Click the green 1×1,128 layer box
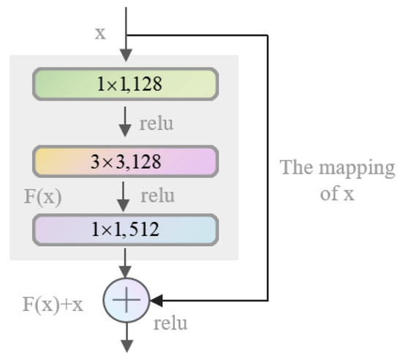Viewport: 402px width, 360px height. [x=125, y=84]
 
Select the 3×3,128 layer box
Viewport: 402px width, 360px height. [x=125, y=161]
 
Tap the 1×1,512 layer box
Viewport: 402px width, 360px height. [x=125, y=230]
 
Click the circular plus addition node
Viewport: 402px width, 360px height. [x=126, y=299]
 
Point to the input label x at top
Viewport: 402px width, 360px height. [x=100, y=34]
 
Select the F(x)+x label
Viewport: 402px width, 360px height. [x=52, y=304]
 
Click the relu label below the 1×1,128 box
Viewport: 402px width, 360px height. [x=156, y=123]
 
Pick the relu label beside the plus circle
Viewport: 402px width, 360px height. [x=170, y=322]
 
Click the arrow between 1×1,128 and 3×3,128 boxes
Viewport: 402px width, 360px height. [x=126, y=122]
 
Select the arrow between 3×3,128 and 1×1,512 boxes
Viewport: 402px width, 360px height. [x=126, y=195]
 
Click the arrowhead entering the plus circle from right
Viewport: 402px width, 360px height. [x=155, y=299]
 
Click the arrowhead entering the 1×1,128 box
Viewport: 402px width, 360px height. [x=126, y=57]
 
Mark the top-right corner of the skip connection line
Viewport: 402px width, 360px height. [x=268, y=35]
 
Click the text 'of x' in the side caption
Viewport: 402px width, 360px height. [x=338, y=194]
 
